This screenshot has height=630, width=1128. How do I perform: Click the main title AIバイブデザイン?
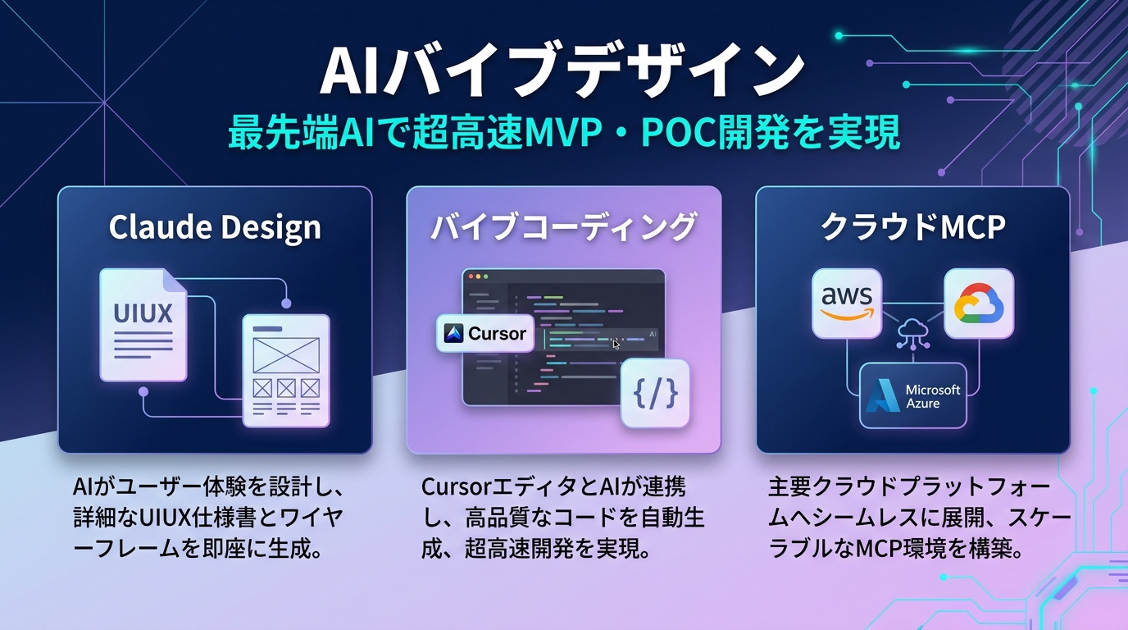pos(563,72)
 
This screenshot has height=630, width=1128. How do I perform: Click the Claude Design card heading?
pos(215,227)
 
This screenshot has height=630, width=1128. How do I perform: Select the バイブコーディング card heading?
pos(564,227)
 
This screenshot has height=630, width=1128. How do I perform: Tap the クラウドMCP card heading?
pos(912,227)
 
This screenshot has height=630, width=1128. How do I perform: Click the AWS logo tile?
pos(847,303)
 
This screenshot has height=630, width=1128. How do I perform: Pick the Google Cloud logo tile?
pos(979,303)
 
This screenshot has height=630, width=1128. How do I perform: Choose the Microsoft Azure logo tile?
pos(912,395)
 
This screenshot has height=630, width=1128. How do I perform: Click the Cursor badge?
pos(485,334)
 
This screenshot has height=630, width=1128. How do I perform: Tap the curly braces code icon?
pos(655,394)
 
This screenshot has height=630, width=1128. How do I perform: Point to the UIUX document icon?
pos(143,326)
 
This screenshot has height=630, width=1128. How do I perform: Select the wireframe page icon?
pos(285,371)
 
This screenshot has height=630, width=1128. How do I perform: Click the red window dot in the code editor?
pos(471,277)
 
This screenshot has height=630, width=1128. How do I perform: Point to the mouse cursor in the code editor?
pos(616,344)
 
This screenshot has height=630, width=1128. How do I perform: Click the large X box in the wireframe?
pos(284,354)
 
